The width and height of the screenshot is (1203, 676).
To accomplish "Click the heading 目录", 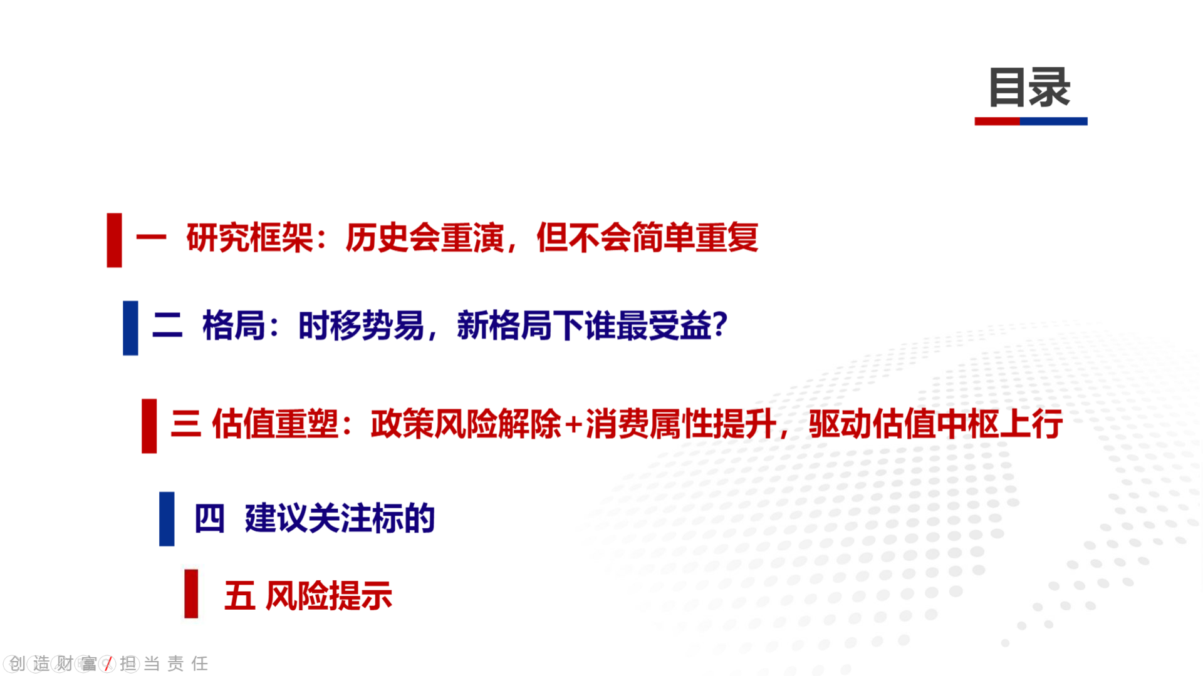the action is (1029, 88).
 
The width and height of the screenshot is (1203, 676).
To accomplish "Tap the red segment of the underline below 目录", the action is (997, 121).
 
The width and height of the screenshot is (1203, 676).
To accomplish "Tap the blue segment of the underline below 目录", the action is (1054, 121).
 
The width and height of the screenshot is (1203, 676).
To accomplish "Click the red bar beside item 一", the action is (114, 240).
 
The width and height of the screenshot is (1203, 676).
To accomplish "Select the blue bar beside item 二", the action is (130, 328).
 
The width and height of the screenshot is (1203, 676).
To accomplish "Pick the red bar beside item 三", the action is (149, 426).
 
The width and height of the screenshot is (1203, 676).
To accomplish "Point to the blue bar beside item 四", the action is (167, 519).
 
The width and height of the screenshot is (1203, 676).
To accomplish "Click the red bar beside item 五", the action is (191, 594).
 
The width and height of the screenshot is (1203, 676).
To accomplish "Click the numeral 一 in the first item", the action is (151, 237).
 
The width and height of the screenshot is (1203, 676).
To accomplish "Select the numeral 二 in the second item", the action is (167, 325).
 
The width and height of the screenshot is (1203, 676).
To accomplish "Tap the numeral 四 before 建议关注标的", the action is (209, 518).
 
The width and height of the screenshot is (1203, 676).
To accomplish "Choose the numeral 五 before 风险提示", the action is (240, 595).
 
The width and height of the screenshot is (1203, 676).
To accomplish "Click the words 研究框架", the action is (249, 237).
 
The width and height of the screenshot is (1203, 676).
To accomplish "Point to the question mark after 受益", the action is (720, 325).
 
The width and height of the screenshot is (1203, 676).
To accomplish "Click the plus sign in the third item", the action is (573, 425).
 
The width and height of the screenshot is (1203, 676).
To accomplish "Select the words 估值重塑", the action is (275, 424).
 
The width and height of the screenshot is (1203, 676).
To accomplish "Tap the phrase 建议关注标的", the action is (340, 518).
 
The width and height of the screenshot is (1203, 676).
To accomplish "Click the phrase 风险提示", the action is (329, 595).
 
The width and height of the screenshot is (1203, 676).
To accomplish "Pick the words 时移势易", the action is (362, 325).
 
